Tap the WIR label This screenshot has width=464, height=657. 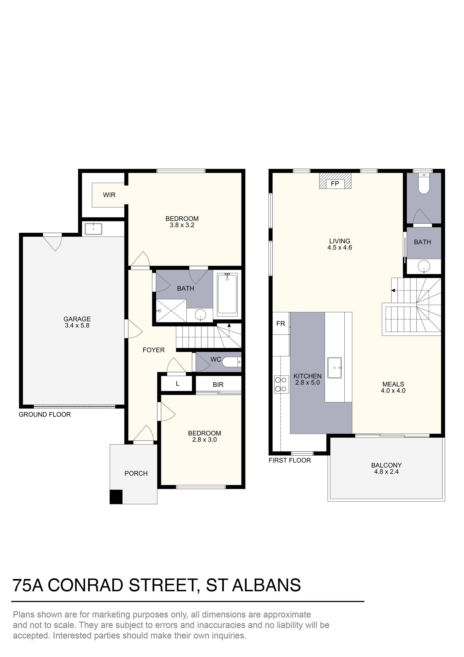(109, 195)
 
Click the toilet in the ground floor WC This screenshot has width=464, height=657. (232, 362)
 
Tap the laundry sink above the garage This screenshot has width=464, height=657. (93, 229)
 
